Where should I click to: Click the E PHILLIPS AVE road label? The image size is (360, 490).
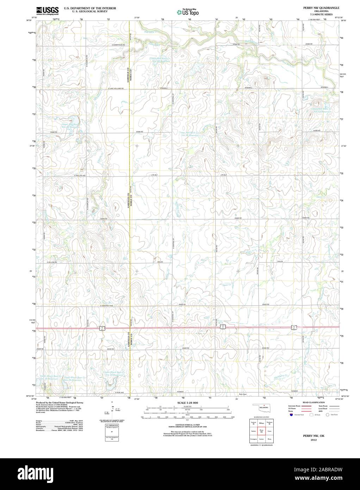[x=80, y=175]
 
